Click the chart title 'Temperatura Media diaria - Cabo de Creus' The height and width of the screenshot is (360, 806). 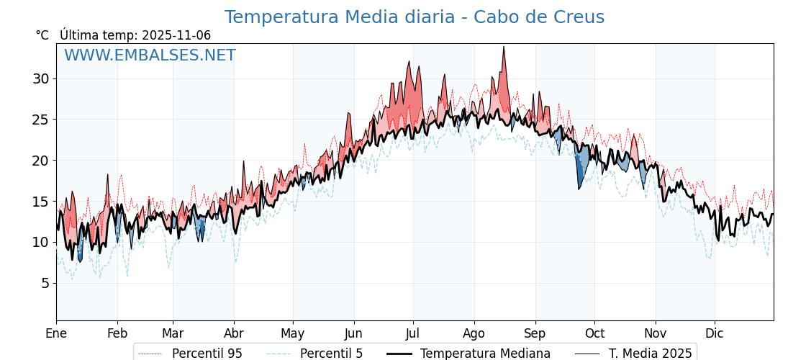tap(414, 17)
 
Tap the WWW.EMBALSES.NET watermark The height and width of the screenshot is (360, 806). tap(150, 55)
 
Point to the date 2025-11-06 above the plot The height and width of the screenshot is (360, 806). tap(176, 35)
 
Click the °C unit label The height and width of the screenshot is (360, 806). tap(42, 35)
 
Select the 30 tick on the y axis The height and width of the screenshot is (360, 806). tap(40, 78)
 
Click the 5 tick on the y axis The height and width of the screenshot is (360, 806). tap(45, 283)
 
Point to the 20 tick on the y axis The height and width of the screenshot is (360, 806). tap(40, 160)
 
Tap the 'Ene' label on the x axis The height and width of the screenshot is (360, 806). tap(56, 333)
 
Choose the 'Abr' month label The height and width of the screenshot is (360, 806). tap(234, 333)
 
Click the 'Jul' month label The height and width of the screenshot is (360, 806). tap(413, 333)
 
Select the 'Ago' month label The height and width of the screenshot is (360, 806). tap(474, 333)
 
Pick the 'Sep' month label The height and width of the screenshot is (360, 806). tap(535, 333)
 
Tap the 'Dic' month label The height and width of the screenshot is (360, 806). tap(715, 333)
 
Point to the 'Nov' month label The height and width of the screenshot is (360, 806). tap(656, 333)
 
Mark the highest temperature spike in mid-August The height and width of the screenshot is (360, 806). tap(504, 48)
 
